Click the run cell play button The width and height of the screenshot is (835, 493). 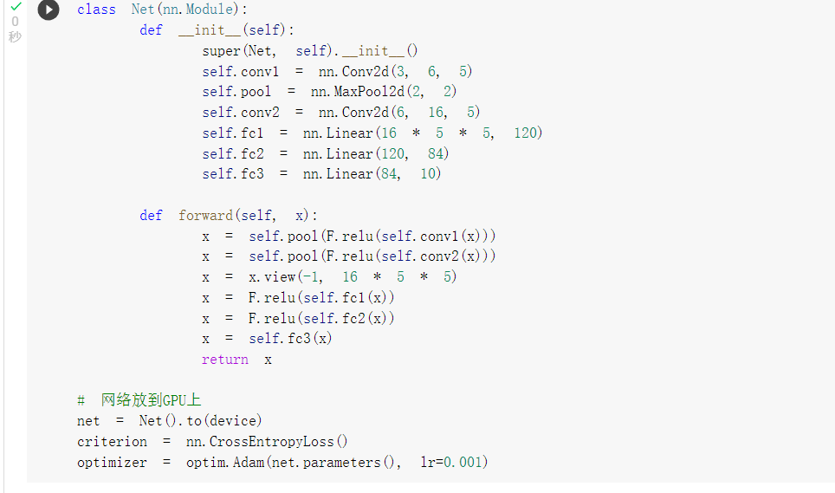click(x=49, y=10)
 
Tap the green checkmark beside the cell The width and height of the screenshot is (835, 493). click(x=16, y=7)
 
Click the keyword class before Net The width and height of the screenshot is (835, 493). click(x=96, y=10)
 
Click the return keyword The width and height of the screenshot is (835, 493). click(x=225, y=359)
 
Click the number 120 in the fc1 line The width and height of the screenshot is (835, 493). click(x=526, y=133)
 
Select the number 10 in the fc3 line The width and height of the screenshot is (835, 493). click(x=430, y=174)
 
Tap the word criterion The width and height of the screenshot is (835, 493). click(x=113, y=441)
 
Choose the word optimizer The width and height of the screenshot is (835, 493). click(x=113, y=462)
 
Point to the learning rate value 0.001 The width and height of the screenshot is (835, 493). click(x=465, y=462)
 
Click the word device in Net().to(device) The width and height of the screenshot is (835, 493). click(x=232, y=420)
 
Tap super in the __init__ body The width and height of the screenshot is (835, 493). click(x=222, y=51)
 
